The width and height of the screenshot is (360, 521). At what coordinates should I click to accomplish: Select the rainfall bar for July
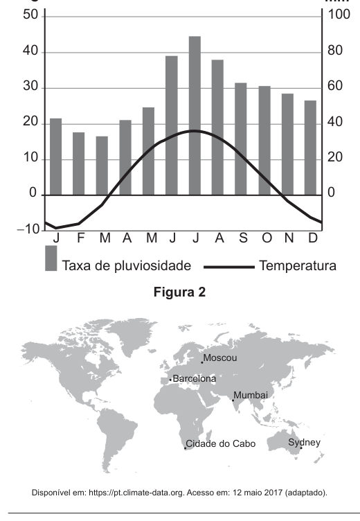(195, 116)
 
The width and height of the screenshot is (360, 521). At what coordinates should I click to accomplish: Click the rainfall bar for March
(102, 166)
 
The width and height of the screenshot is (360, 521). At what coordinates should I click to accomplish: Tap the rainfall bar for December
(310, 148)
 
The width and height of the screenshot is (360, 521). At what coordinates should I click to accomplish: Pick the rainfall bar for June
(172, 125)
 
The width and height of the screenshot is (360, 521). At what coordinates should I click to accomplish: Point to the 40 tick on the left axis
(30, 51)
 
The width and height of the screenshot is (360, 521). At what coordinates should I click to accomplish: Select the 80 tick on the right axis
(335, 51)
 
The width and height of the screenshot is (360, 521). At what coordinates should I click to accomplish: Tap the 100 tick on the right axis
(339, 15)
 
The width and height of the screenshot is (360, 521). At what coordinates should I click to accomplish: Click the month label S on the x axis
(244, 238)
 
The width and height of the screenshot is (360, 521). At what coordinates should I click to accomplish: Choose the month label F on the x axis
(80, 238)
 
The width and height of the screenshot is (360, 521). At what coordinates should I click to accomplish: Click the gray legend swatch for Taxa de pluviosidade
(51, 258)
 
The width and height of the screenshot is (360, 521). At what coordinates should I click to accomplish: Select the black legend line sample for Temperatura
(229, 267)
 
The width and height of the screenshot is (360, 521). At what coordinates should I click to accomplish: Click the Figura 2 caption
(180, 292)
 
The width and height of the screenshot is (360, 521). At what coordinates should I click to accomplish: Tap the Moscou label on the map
(220, 358)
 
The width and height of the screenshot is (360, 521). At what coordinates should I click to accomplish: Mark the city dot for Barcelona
(170, 380)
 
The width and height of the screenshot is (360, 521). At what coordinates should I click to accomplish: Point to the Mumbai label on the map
(251, 395)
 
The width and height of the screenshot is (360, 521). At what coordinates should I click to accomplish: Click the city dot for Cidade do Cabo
(186, 448)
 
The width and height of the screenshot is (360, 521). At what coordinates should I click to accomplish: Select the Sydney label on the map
(304, 443)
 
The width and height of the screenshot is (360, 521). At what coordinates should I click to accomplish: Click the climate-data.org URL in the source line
(136, 493)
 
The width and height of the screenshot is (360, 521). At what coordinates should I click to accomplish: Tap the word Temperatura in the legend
(298, 266)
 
